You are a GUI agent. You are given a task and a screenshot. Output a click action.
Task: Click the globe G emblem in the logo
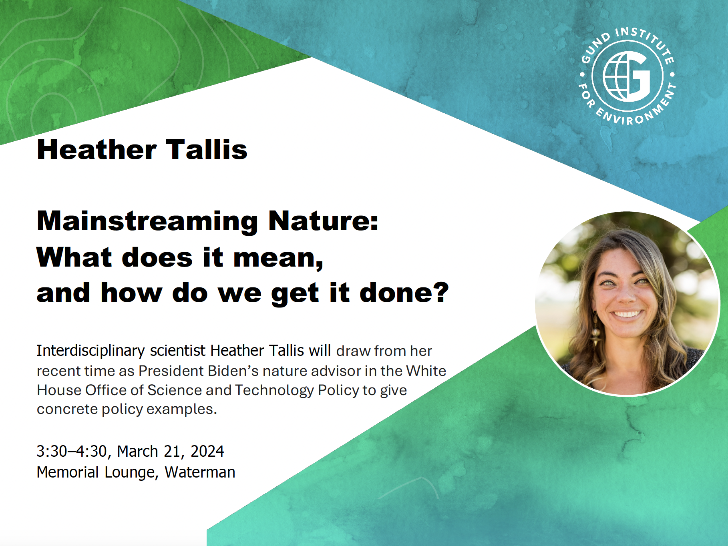tap(627, 76)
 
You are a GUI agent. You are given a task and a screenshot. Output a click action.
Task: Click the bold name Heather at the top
tap(97, 150)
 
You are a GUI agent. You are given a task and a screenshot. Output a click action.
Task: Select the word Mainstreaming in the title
tap(147, 221)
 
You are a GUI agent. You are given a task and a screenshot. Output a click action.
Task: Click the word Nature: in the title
tap(323, 221)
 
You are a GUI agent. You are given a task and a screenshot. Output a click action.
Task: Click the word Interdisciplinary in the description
tap(90, 351)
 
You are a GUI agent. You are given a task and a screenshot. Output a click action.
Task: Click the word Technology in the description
tap(274, 391)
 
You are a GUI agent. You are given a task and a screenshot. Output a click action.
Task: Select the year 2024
tap(207, 452)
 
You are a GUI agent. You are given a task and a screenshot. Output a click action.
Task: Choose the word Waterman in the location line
tap(200, 472)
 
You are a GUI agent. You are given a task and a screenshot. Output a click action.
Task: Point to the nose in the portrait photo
tap(625, 294)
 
